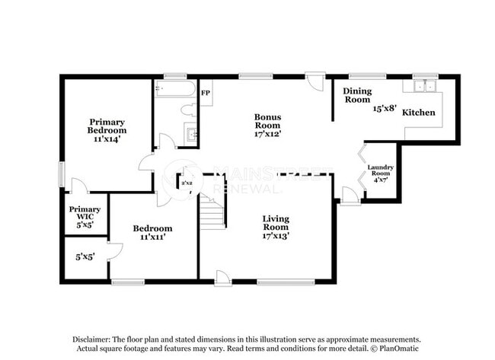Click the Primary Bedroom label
107,126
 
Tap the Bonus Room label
268,121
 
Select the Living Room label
276,223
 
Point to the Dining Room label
357,95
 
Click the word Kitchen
419,113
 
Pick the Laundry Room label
379,170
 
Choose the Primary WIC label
80,213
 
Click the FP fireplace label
205,94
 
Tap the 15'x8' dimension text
385,109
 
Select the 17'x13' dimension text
276,236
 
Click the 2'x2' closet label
186,183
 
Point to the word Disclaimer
91,339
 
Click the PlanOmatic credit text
396,349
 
